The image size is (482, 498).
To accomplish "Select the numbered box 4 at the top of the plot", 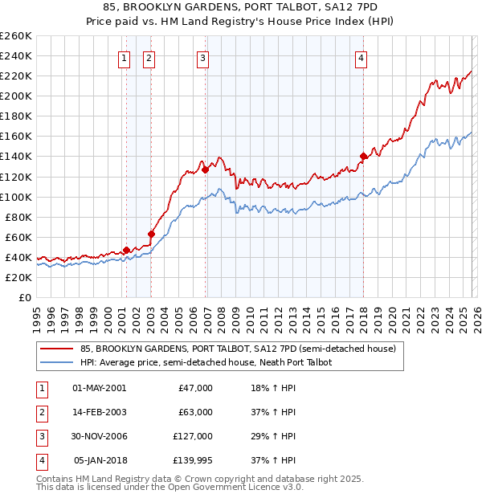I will [x=362, y=57].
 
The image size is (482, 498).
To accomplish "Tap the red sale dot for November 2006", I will [x=206, y=169].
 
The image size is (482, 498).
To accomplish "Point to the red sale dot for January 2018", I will [x=363, y=156].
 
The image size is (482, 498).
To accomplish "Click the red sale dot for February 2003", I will [x=151, y=234].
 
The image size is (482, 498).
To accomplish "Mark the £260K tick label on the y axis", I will [x=15, y=36].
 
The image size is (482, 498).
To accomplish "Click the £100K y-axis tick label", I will [x=15, y=197].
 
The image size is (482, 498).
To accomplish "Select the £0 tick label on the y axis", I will [x=24, y=297].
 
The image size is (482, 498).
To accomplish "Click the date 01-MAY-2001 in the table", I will [x=99, y=388].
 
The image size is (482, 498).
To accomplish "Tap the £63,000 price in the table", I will [x=195, y=412].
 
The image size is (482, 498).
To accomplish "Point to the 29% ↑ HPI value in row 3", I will [x=274, y=436].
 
